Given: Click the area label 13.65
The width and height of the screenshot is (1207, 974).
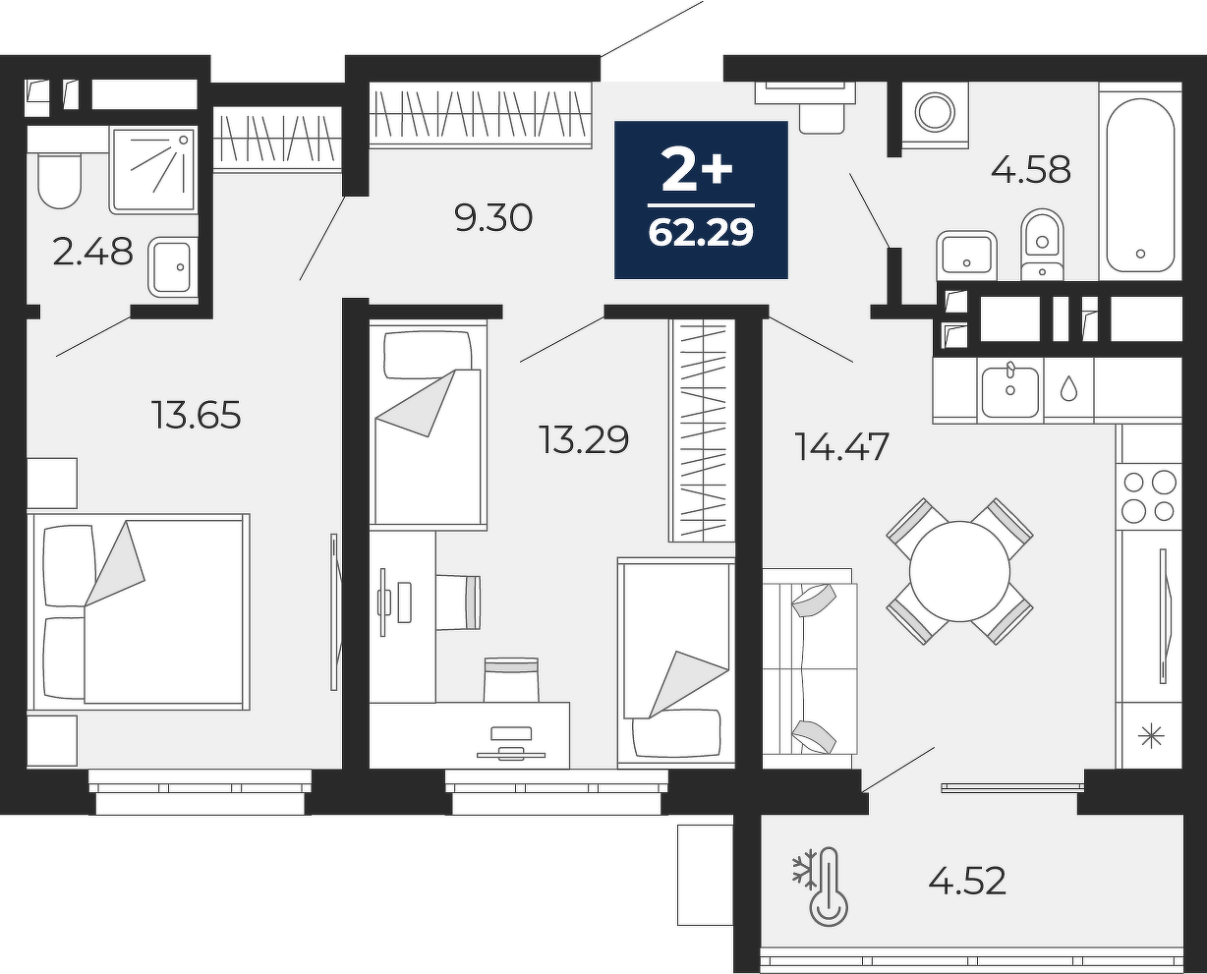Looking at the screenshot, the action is (197, 415).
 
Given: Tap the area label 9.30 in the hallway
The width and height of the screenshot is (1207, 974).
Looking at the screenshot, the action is (493, 218).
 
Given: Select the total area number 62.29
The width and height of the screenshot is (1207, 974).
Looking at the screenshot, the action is (701, 232).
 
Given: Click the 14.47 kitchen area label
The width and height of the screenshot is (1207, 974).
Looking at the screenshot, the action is (842, 446).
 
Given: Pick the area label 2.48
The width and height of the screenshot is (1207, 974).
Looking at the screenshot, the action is (92, 251).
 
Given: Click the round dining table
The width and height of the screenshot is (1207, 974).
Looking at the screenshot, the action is (959, 571).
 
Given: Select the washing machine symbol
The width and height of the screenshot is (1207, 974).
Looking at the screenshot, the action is (935, 112).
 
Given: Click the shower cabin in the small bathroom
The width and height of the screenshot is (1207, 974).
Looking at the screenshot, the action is (153, 170).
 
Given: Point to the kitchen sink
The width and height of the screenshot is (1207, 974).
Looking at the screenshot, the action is (1010, 392).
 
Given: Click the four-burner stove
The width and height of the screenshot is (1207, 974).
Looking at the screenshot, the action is (1149, 496).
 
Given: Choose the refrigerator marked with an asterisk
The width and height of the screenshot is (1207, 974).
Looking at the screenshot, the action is (1149, 735).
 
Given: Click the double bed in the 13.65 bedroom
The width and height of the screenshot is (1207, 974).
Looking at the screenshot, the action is (142, 611).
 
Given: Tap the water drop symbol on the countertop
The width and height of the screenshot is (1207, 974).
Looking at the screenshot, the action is (1069, 388).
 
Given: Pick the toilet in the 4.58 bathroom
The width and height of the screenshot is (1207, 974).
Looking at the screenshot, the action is (1043, 245).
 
